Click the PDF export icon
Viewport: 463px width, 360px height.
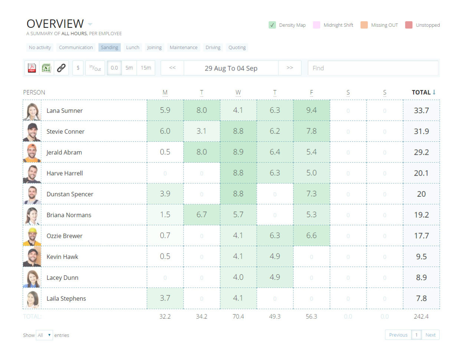[32, 68]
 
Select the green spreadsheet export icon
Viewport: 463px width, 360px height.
[46, 68]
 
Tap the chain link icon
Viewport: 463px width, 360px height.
[61, 68]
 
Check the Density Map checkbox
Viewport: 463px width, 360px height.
[272, 25]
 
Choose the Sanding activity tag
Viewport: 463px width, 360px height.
[109, 48]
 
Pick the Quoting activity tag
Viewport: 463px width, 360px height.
[237, 48]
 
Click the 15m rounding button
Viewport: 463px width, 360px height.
[146, 68]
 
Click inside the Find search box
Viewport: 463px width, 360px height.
[373, 68]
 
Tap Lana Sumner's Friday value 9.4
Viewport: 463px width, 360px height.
[311, 110]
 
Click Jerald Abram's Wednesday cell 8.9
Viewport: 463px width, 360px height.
[238, 152]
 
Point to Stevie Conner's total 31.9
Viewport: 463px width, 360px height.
[421, 131]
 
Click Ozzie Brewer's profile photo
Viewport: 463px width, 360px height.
[32, 236]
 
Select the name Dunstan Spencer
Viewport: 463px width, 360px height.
[70, 194]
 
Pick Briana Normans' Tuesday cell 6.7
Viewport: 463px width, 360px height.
[201, 215]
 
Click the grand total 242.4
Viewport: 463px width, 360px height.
[421, 317]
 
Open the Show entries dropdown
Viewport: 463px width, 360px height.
[45, 335]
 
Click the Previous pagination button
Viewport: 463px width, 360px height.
[398, 335]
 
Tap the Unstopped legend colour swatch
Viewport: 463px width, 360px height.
[409, 25]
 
